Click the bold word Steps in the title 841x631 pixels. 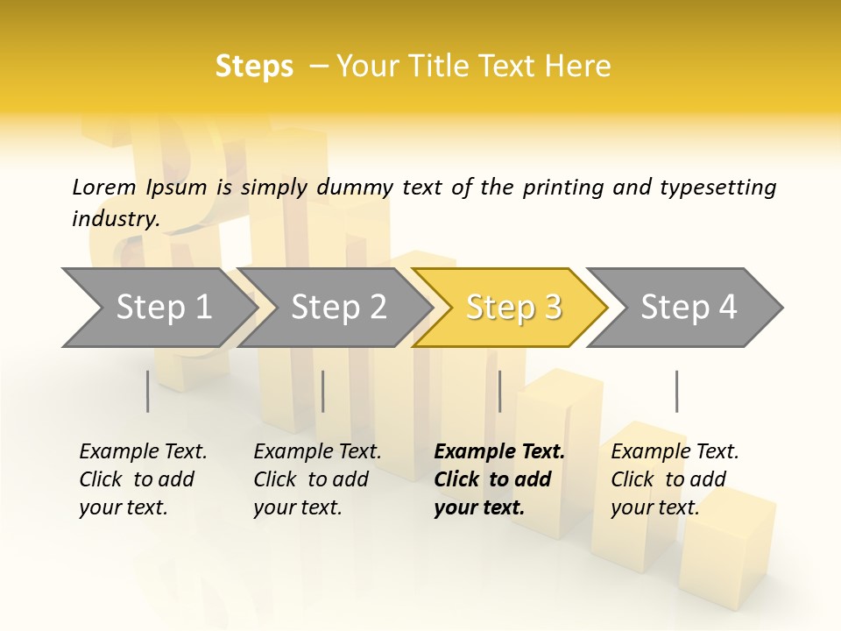point(254,66)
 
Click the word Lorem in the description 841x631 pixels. point(104,187)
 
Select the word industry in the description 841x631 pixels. point(115,218)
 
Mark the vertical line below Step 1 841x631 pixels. point(148,391)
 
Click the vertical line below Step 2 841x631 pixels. point(323,391)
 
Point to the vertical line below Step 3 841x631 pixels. point(500,391)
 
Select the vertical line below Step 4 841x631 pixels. point(677,391)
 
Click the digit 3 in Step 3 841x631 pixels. point(552,307)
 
